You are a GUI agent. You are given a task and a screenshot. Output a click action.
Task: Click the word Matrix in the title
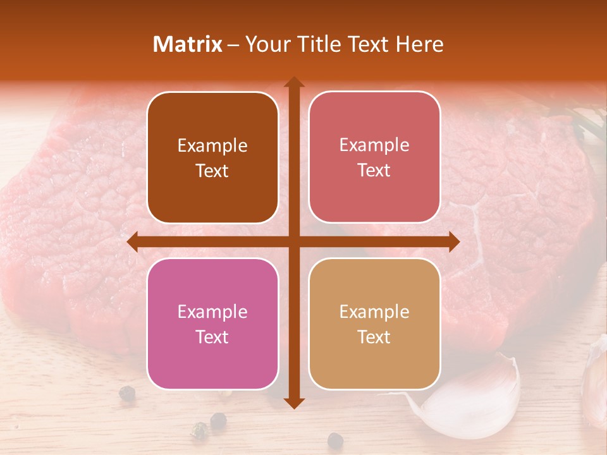188,44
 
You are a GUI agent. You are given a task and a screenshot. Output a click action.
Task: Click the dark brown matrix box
212,157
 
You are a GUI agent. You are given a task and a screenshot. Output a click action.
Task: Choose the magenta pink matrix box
212,324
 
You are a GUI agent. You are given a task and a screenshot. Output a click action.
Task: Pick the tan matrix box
374,324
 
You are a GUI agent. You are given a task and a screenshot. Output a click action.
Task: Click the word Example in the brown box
212,145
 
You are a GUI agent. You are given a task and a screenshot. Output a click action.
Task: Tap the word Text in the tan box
374,337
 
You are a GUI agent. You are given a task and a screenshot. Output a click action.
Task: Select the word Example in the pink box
212,312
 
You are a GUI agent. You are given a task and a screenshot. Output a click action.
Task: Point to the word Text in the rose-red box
374,170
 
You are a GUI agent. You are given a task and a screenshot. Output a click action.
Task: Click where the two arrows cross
293,241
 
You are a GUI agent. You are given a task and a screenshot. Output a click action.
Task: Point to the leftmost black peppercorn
126,392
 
